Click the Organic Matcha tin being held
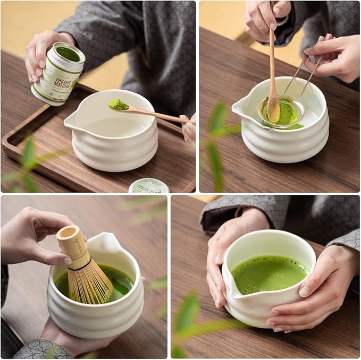57,74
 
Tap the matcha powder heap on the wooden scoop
118,105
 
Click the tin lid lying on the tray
148,186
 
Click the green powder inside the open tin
69,54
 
